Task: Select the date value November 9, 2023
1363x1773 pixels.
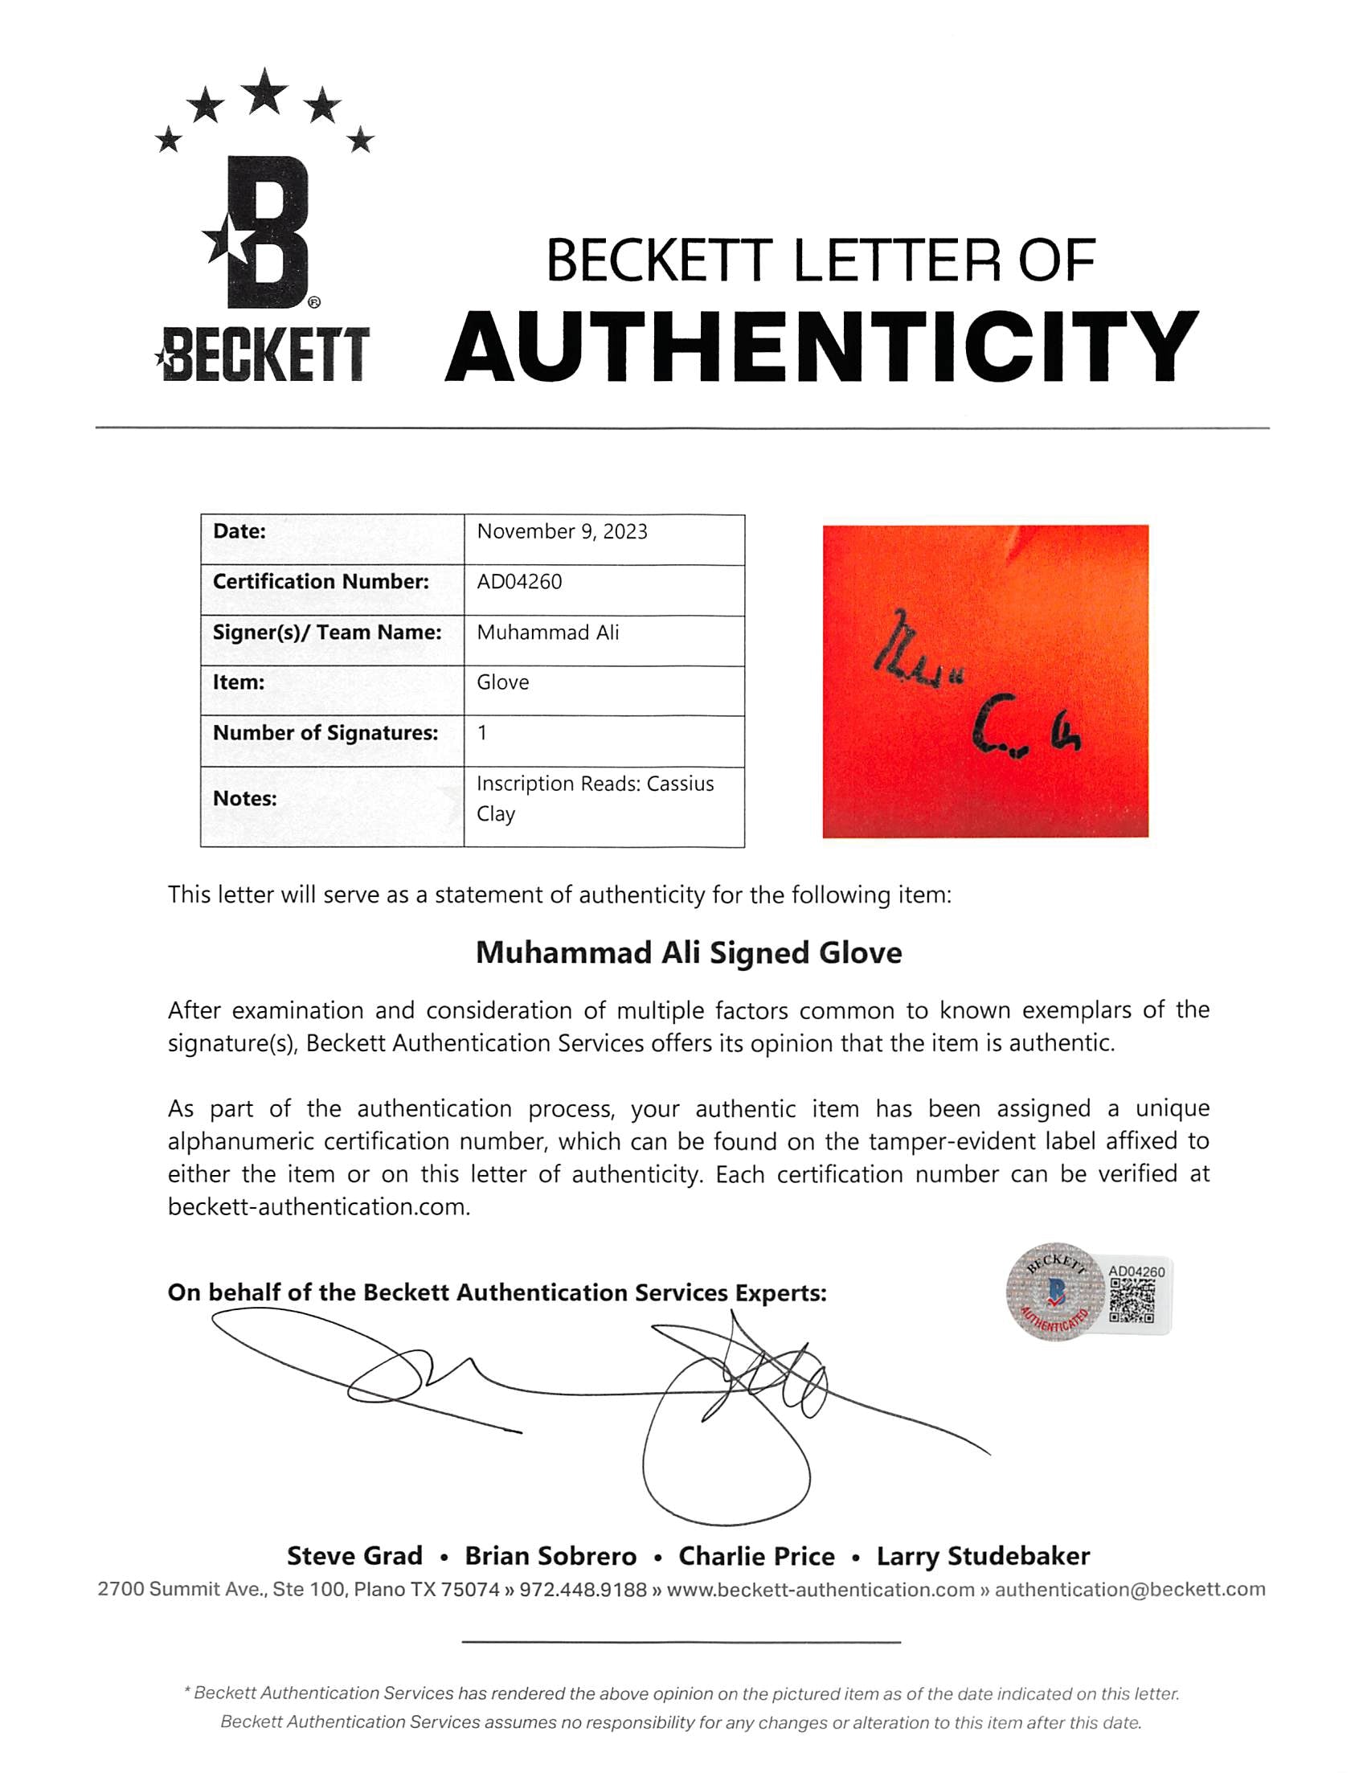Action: (562, 531)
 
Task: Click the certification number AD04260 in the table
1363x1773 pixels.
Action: (519, 582)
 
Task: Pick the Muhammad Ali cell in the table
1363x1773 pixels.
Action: (547, 632)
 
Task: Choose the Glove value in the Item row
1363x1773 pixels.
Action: (502, 682)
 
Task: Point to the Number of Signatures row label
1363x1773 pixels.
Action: (325, 733)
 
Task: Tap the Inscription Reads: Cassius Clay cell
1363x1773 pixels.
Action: (595, 798)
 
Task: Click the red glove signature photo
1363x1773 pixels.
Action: (985, 681)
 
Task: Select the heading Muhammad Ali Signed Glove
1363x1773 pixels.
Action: (688, 952)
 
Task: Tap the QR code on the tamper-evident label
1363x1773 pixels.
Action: (1132, 1301)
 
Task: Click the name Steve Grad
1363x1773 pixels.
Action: (354, 1555)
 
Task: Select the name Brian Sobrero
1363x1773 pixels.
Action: (550, 1555)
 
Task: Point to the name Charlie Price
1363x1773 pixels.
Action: (756, 1555)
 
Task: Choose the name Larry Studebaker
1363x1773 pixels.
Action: (983, 1555)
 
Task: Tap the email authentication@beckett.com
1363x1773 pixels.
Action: (1129, 1590)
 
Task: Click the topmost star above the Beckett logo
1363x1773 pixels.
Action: (264, 91)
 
